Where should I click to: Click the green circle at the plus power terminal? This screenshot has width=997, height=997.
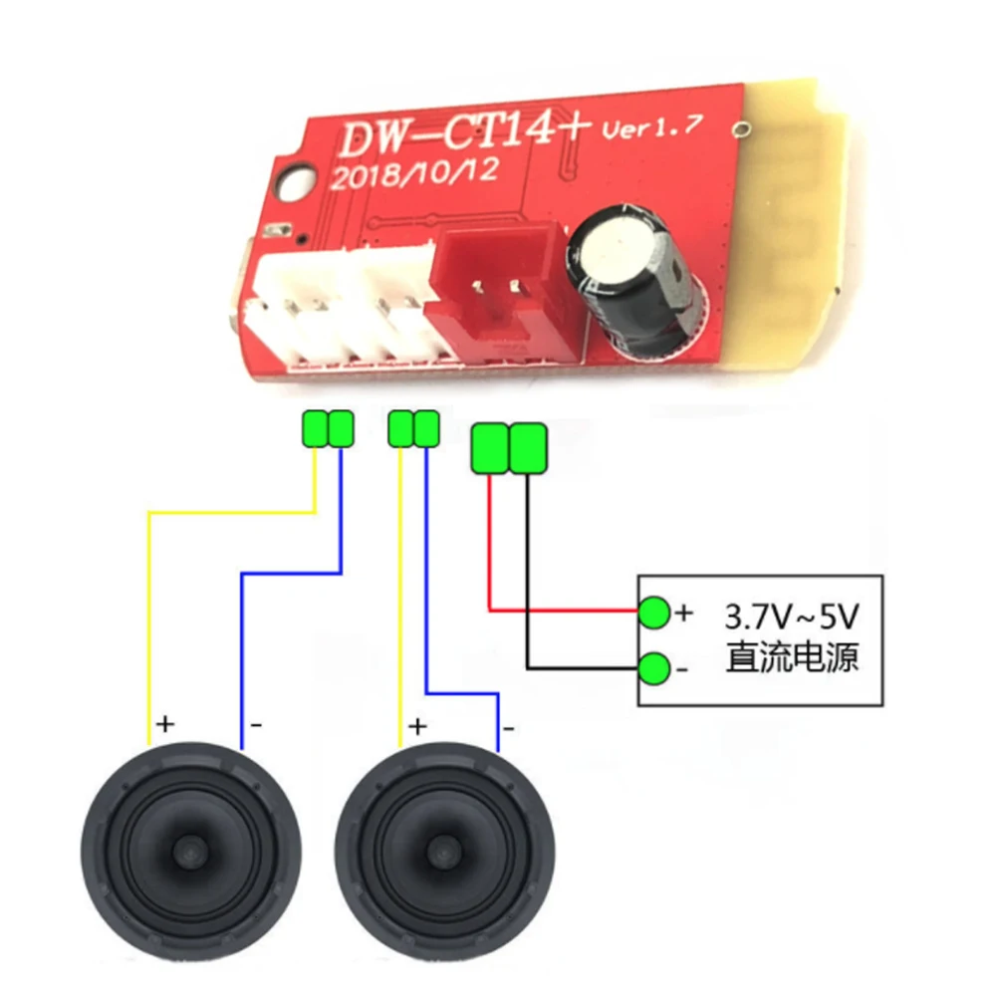pyautogui.click(x=654, y=613)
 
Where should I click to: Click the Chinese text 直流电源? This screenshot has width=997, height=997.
pyautogui.click(x=791, y=658)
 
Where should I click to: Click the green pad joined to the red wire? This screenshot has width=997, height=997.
pyautogui.click(x=490, y=448)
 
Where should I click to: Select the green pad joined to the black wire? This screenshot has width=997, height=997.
pyautogui.click(x=528, y=448)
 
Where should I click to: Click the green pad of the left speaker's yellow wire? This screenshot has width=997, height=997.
pyautogui.click(x=315, y=429)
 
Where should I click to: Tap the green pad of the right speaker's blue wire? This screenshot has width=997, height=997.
pyautogui.click(x=426, y=429)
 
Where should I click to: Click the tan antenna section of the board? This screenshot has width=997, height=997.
pyautogui.click(x=797, y=229)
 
